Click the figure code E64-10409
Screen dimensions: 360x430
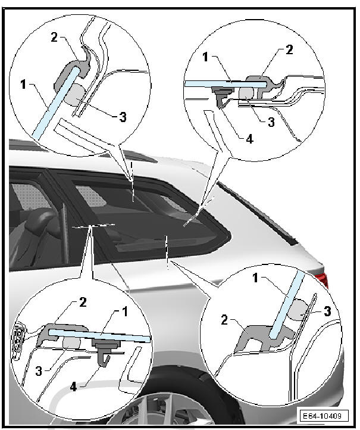(322, 416)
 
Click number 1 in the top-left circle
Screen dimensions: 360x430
(23, 84)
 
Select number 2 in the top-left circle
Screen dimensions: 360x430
(54, 38)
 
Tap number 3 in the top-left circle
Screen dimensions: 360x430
(123, 117)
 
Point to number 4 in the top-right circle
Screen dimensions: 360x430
(249, 139)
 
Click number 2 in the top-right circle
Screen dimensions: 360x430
(289, 49)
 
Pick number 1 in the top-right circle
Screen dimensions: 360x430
(205, 57)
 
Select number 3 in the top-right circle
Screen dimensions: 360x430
(271, 122)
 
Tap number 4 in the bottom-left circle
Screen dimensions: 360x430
(73, 387)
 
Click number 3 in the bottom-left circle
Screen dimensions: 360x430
(39, 371)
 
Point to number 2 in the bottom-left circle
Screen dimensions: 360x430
(83, 303)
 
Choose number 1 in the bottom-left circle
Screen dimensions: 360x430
(124, 312)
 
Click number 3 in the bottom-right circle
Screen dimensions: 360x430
(327, 311)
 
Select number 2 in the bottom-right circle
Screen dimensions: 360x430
(224, 320)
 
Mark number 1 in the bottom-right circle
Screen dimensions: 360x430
(255, 278)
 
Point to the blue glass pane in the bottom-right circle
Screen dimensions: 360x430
(286, 305)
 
